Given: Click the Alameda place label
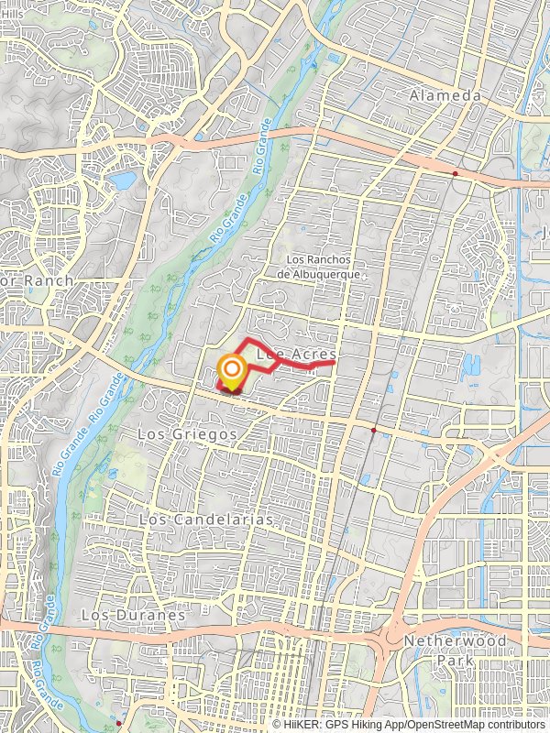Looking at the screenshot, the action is click(x=445, y=96).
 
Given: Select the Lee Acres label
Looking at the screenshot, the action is click(x=297, y=353).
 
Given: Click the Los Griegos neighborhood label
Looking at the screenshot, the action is click(x=188, y=433).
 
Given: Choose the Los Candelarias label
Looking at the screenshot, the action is click(x=207, y=520).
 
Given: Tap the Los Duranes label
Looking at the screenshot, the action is click(x=132, y=615).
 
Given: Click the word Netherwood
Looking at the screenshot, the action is click(x=455, y=641).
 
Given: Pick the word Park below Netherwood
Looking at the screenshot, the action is click(x=456, y=660).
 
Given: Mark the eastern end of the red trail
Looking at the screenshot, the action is click(x=333, y=364).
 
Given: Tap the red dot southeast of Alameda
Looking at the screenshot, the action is click(x=456, y=172).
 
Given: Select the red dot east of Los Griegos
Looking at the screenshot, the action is click(x=373, y=429).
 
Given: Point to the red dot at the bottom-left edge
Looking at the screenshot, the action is click(x=118, y=724).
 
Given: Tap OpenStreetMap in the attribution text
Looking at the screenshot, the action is click(x=445, y=724).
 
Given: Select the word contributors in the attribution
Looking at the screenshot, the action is click(x=515, y=724).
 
